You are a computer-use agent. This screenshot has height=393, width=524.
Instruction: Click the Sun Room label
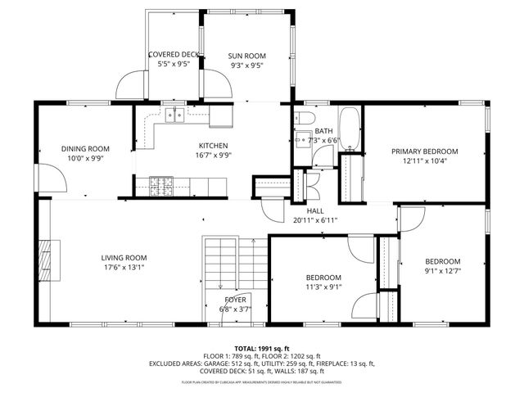pyautogui.click(x=246, y=56)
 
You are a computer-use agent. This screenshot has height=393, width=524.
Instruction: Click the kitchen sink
pyautogui.click(x=174, y=116)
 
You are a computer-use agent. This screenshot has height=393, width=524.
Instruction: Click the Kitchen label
pyautogui.click(x=211, y=146)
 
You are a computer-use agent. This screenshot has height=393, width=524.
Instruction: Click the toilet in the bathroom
pyautogui.click(x=304, y=139)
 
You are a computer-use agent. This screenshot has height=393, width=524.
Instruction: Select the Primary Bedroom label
pyautogui.click(x=424, y=151)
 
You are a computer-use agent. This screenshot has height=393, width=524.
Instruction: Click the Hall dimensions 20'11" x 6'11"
pyautogui.click(x=315, y=220)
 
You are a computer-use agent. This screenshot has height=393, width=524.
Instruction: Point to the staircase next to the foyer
pyautogui.click(x=219, y=264)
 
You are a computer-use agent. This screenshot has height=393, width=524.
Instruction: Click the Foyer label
pyautogui.click(x=235, y=300)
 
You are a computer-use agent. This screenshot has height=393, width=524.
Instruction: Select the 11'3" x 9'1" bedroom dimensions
pyautogui.click(x=323, y=287)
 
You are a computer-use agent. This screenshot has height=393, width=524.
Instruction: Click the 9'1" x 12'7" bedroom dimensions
pyautogui.click(x=442, y=271)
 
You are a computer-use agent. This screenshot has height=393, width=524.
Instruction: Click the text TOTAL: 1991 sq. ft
pyautogui.click(x=261, y=348)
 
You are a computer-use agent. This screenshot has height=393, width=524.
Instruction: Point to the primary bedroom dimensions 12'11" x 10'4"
pyautogui.click(x=424, y=161)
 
